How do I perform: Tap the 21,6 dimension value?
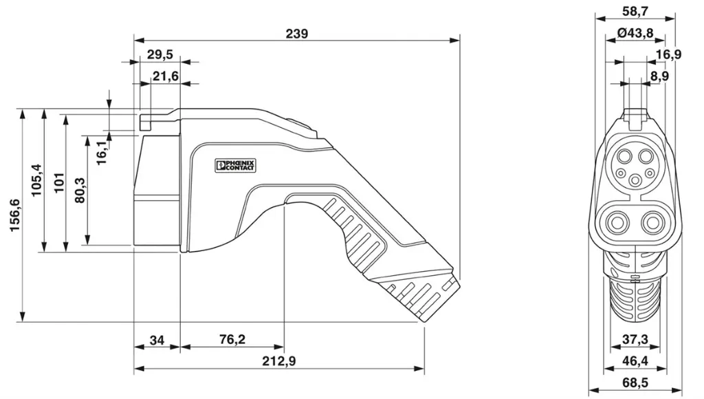tap(165, 76)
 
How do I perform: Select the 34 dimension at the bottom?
tap(157, 340)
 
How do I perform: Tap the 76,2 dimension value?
tap(232, 340)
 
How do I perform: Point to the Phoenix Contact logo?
tap(235, 165)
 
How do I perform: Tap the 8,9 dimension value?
tap(659, 76)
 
